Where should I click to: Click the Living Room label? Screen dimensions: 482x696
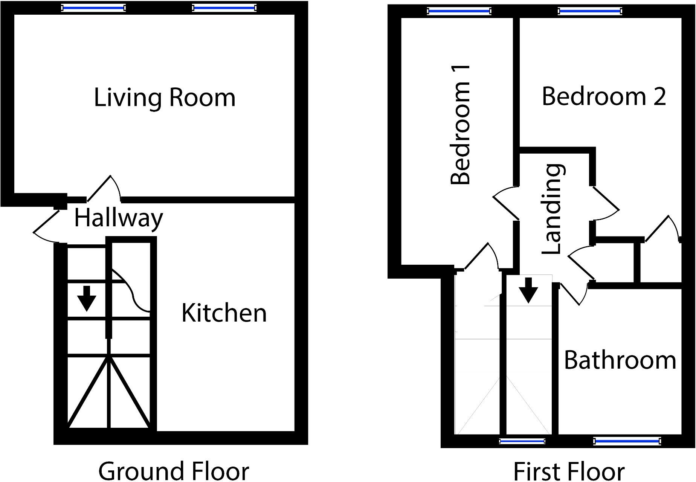click(165, 98)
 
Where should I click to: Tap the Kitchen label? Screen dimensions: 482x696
click(224, 313)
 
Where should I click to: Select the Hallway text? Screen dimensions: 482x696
click(118, 218)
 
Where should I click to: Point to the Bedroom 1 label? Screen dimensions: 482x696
click(461, 124)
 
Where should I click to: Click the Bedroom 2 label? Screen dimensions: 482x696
click(604, 96)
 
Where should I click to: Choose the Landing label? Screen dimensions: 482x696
click(553, 209)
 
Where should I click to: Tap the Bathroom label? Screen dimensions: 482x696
click(620, 360)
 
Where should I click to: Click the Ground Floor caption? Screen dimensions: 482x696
click(174, 471)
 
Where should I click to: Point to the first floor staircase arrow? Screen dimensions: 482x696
click(528, 290)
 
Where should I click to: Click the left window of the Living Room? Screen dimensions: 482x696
click(93, 8)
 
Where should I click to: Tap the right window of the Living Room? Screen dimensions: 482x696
click(224, 8)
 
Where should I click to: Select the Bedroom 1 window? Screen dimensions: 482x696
click(459, 11)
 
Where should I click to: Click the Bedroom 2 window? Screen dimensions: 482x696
click(589, 11)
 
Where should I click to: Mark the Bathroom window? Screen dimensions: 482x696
click(627, 441)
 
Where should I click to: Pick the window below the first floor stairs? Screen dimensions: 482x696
click(522, 441)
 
